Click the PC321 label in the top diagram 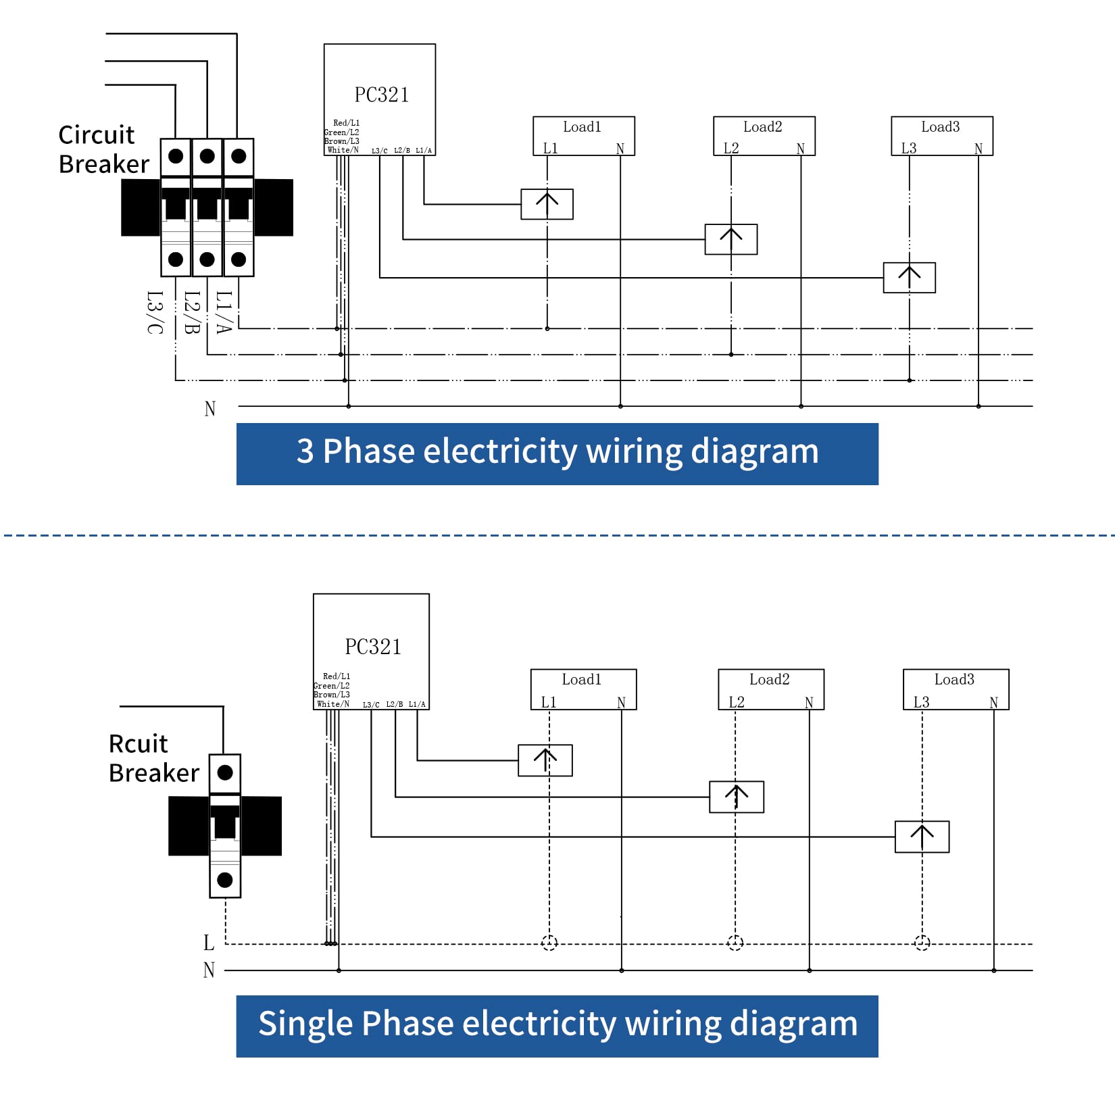(382, 95)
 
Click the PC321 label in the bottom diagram (373, 647)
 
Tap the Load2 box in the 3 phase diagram (764, 136)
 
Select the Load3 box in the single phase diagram (955, 689)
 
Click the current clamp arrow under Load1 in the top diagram (547, 204)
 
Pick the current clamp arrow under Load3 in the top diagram (909, 277)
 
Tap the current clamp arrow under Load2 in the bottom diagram (736, 797)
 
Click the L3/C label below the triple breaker (155, 312)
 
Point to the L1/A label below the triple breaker (224, 312)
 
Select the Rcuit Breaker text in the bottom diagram (153, 758)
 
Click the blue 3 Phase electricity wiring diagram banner (557, 453)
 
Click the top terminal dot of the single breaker (225, 772)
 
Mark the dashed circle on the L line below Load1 (549, 943)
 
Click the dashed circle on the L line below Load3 (922, 943)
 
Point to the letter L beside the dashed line (209, 943)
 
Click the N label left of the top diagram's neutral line (210, 409)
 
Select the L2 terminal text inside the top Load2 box (731, 148)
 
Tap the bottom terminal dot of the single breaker (225, 880)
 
